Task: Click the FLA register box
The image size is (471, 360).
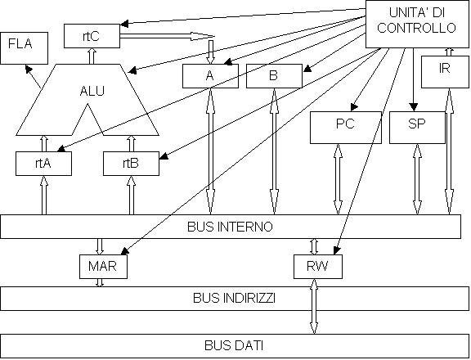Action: [x=24, y=48]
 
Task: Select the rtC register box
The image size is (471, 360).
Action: [x=92, y=36]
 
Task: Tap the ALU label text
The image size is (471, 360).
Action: [x=92, y=91]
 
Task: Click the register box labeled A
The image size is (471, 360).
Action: [x=211, y=76]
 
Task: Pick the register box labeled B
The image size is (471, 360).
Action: [x=274, y=76]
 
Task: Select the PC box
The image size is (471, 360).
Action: [x=346, y=128]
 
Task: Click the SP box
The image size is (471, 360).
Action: [x=417, y=128]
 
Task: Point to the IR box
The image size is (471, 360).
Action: [x=445, y=72]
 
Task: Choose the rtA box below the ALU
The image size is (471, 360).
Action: [x=43, y=164]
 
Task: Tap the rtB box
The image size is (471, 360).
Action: [x=132, y=164]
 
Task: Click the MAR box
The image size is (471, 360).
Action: [x=103, y=267]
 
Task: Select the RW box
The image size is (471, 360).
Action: [x=318, y=267]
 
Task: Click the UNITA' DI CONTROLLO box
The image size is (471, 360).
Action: [x=417, y=24]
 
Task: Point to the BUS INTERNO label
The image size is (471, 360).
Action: [x=230, y=227]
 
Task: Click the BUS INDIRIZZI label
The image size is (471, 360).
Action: [x=234, y=298]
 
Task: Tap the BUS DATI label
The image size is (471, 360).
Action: [x=234, y=345]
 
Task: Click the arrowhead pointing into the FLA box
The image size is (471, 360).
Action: [x=29, y=69]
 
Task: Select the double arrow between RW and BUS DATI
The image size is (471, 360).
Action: [x=314, y=306]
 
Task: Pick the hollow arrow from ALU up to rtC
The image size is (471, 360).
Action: [x=92, y=56]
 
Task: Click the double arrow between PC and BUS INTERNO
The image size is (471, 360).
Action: [x=338, y=179]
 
